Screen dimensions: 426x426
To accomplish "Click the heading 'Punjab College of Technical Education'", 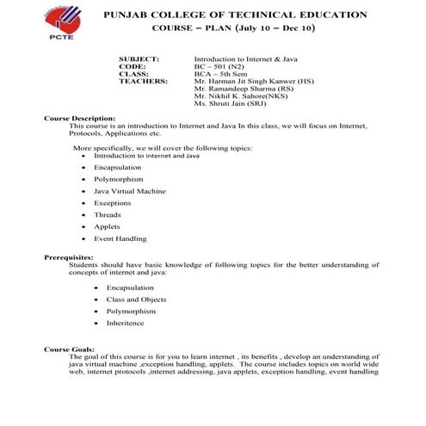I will pos(235,15).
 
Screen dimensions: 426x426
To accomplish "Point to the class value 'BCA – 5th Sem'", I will pos(220,73).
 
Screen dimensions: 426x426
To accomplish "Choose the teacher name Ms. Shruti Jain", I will pos(231,102).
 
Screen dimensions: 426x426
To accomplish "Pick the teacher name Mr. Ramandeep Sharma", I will pos(246,88).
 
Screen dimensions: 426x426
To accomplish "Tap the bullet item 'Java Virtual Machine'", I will pos(130,190).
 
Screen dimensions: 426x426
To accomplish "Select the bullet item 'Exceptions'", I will pos(113,202).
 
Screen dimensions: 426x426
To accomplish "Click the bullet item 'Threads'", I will pos(108,214).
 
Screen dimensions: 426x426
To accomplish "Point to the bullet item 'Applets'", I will pos(108,226).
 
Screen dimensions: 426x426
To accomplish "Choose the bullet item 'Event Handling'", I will pos(120,238).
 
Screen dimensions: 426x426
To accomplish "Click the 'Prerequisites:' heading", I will pos(69,257).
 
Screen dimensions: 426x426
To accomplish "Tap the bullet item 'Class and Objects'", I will pos(136,299).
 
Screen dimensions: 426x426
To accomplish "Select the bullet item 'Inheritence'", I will pos(126,323).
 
